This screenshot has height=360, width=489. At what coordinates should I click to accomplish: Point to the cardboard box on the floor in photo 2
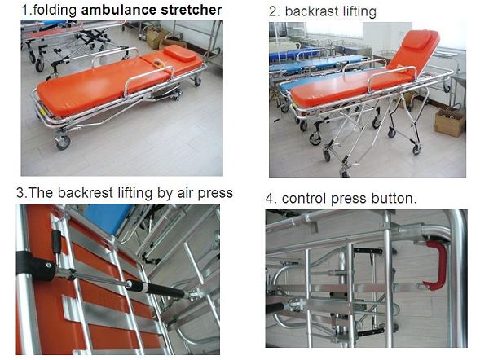coord(449,121)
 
